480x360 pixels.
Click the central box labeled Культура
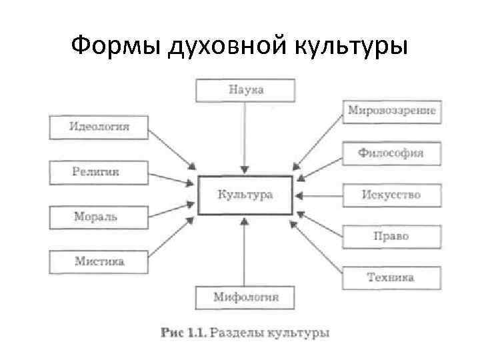click(245, 195)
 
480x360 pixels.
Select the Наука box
click(245, 90)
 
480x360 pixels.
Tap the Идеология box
click(99, 127)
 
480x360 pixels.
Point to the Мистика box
click(99, 261)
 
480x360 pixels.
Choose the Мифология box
click(245, 297)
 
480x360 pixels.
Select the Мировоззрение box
click(391, 111)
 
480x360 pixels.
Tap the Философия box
click(391, 153)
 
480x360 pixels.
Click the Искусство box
click(391, 195)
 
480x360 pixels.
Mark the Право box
click(391, 236)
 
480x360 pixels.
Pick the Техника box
click(391, 277)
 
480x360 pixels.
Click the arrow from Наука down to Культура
click(245, 137)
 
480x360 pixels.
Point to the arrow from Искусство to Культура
click(319, 196)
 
